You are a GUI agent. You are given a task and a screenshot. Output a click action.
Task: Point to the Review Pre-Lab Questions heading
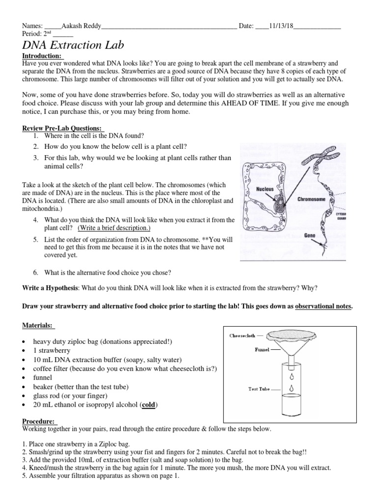pyautogui.click(x=60, y=128)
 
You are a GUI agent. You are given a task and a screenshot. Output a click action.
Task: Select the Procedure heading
pyautogui.click(x=40, y=421)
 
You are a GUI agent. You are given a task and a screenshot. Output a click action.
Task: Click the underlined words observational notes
pyautogui.click(x=323, y=306)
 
